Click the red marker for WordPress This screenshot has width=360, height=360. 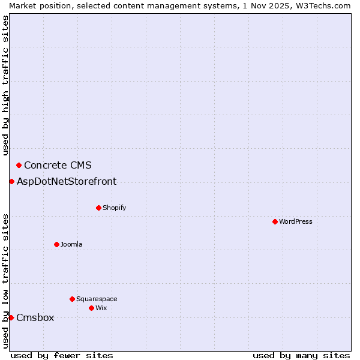point(275,221)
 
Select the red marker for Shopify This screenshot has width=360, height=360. point(98,208)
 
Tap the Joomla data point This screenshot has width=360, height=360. point(56,244)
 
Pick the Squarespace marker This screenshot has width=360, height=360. point(72,299)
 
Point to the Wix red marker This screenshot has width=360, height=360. point(91,308)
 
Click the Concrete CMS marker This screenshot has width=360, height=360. point(19,165)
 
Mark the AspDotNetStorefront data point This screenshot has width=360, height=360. point(11,181)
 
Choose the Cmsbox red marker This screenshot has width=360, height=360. point(11,317)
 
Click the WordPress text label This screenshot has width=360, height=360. point(296,221)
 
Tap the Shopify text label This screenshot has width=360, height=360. point(115,208)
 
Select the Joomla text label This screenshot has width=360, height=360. point(71,244)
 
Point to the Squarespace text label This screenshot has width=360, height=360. point(97,299)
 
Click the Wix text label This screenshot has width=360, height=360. point(101,308)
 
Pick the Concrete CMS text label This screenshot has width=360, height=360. point(58,165)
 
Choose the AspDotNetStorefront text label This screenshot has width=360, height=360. point(67,181)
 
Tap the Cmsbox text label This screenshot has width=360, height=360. point(35,317)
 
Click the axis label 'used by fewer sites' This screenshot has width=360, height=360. point(62,355)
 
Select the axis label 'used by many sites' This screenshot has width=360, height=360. point(301,355)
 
